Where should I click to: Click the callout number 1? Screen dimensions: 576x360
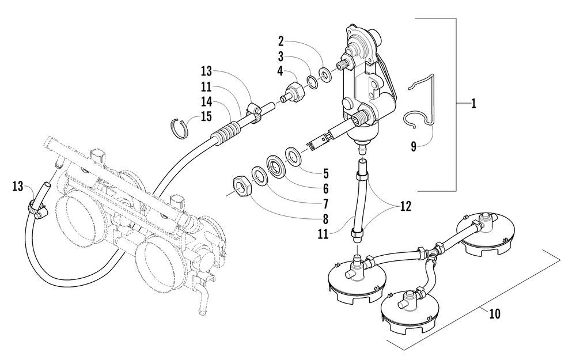(473, 104)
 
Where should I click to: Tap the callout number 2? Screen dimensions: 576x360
(281, 41)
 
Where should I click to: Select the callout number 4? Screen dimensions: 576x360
(281, 71)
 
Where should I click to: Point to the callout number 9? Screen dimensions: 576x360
(414, 147)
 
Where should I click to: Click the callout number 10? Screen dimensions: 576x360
(495, 314)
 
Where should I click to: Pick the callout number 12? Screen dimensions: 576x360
(406, 206)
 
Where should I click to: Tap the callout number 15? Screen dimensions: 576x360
(206, 116)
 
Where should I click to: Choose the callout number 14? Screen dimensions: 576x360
(206, 101)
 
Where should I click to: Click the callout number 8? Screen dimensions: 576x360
(325, 219)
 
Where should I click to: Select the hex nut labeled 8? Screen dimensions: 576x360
(243, 185)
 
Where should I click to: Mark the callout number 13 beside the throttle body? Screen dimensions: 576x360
(18, 187)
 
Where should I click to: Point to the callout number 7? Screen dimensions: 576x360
(325, 204)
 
